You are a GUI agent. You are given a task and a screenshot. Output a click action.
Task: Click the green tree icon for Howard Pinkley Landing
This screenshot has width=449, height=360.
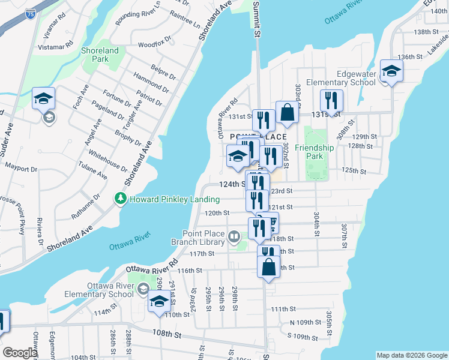(x=121, y=198)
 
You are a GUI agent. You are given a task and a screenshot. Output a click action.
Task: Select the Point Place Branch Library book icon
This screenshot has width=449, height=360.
(x=234, y=238)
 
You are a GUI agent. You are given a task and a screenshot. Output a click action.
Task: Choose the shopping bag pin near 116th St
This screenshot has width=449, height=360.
(x=268, y=266)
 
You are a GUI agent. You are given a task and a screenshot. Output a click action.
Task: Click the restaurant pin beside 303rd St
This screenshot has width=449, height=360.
(x=331, y=101)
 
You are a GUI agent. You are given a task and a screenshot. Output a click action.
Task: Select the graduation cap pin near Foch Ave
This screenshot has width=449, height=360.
(x=44, y=99)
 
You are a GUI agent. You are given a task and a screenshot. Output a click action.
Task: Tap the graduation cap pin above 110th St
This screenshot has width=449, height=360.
(x=158, y=302)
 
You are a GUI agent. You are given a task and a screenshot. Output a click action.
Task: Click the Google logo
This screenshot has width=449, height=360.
(x=20, y=353)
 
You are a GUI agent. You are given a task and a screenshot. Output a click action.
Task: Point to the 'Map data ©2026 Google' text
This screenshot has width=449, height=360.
(x=411, y=355)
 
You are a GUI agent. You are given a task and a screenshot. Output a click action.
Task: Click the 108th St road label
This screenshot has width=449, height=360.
(x=167, y=332)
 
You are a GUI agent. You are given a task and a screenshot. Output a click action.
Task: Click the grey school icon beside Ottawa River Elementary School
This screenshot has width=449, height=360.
(x=142, y=290)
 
